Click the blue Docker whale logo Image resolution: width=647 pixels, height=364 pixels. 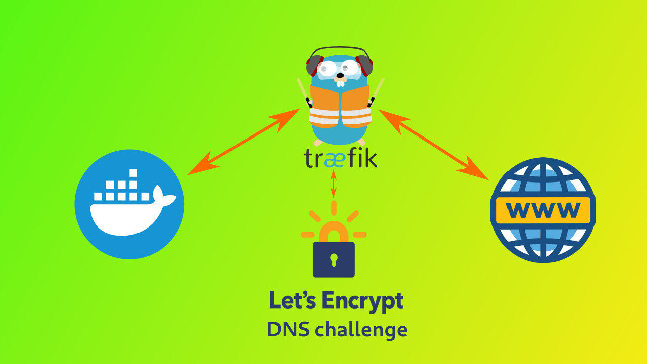pyautogui.click(x=129, y=204)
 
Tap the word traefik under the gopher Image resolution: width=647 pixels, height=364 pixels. pyautogui.click(x=340, y=158)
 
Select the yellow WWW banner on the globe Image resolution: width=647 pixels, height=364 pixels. pyautogui.click(x=543, y=209)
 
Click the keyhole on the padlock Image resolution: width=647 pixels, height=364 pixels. pyautogui.click(x=333, y=259)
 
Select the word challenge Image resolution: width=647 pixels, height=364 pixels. pyautogui.click(x=360, y=330)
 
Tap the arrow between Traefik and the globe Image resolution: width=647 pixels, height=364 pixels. pyautogui.click(x=434, y=144)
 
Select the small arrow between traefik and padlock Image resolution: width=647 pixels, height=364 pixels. pyautogui.click(x=333, y=184)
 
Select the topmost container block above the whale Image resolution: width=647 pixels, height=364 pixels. pyautogui.click(x=133, y=173)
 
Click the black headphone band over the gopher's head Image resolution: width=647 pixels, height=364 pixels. pyautogui.click(x=340, y=49)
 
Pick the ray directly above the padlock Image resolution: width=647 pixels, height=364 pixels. pyautogui.click(x=334, y=207)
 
